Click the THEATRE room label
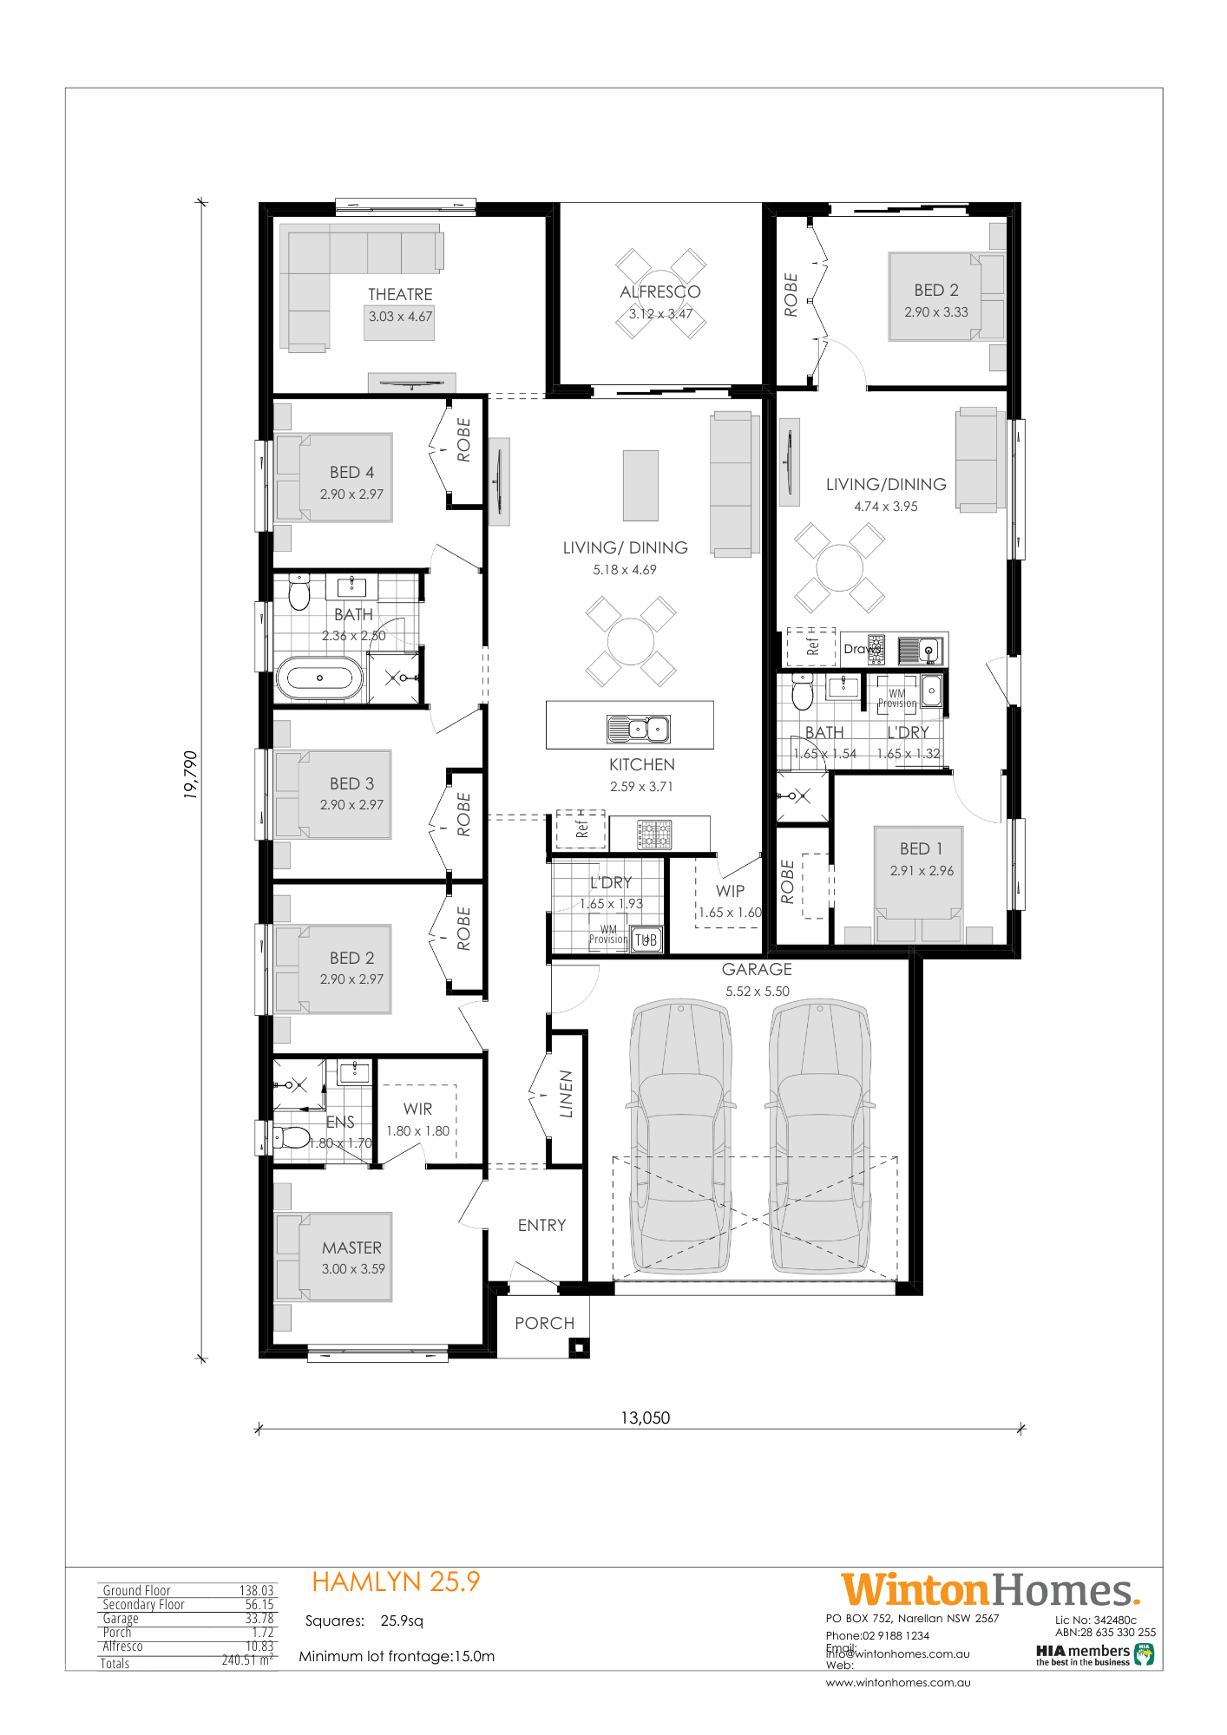click(400, 295)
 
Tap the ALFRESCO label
click(659, 292)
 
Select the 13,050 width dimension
click(645, 1417)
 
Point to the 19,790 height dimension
click(190, 774)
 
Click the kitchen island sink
click(639, 730)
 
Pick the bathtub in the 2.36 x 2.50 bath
click(319, 678)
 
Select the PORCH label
click(544, 1323)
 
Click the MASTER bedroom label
click(351, 1247)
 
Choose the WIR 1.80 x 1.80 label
click(417, 1110)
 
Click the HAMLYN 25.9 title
click(396, 1581)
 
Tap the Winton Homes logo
click(989, 1590)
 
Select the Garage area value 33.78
click(259, 1619)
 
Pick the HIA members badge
click(1093, 1654)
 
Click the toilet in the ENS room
click(292, 1136)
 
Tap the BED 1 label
click(921, 848)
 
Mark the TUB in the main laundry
click(646, 940)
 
